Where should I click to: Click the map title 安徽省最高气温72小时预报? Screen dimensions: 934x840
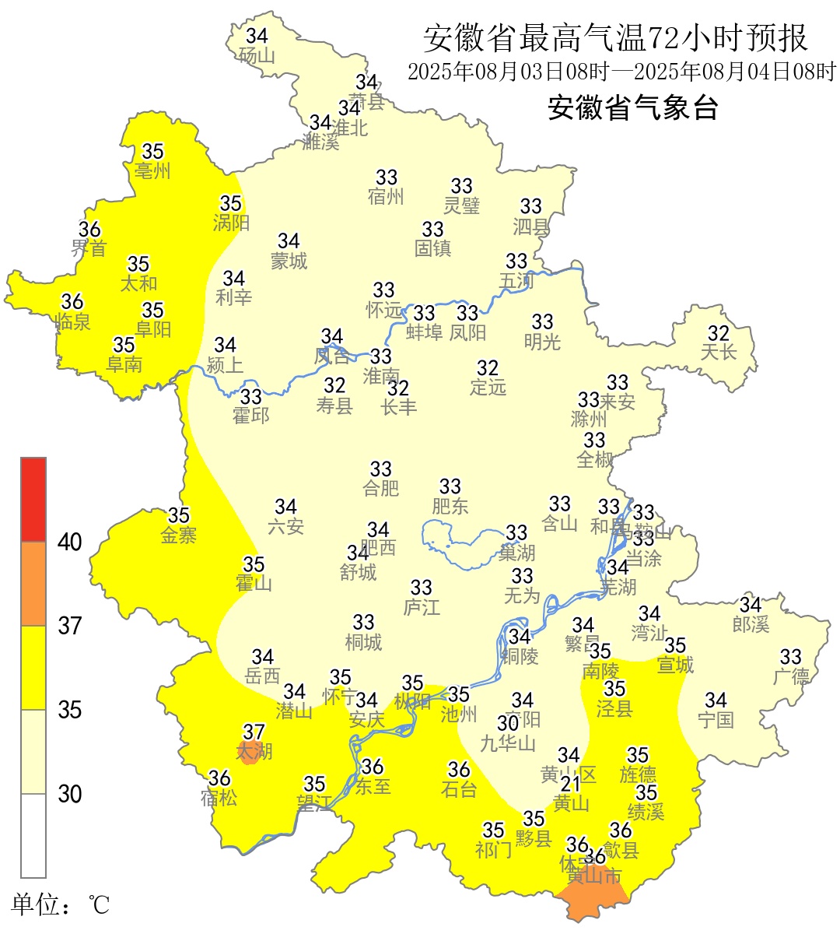tap(616, 37)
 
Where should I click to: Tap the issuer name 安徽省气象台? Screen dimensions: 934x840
tap(632, 107)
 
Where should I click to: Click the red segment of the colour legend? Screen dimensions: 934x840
tap(33, 499)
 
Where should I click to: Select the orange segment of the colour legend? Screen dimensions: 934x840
tap(33, 584)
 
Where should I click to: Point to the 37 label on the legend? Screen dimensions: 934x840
tap(70, 626)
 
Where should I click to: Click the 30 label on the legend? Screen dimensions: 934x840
tap(70, 794)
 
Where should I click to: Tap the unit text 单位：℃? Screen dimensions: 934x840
tap(61, 904)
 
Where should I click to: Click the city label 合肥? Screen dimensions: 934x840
tap(381, 489)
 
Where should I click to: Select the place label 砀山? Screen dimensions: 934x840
tap(257, 56)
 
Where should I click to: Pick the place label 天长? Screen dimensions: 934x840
tap(718, 353)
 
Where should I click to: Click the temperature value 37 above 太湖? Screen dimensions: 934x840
tap(254, 732)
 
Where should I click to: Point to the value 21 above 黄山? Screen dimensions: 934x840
tap(571, 784)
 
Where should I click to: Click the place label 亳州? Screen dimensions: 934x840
tap(152, 170)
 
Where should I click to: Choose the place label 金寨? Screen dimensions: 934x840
tap(179, 535)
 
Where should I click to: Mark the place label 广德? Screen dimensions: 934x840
tap(791, 676)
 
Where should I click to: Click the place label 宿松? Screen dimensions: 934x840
tap(219, 798)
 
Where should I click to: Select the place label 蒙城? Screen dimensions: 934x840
tap(289, 262)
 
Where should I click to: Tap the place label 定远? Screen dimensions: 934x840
tap(488, 387)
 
